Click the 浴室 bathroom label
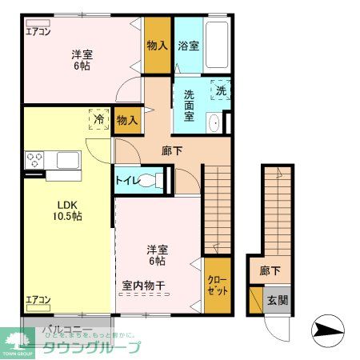[188, 46]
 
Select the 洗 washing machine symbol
[221, 90]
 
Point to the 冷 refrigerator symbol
[98, 118]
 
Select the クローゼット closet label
[217, 286]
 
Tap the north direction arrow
[327, 328]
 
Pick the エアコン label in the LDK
[38, 300]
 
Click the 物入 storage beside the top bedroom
[157, 46]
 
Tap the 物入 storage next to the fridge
[126, 120]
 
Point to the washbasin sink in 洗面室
[213, 122]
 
